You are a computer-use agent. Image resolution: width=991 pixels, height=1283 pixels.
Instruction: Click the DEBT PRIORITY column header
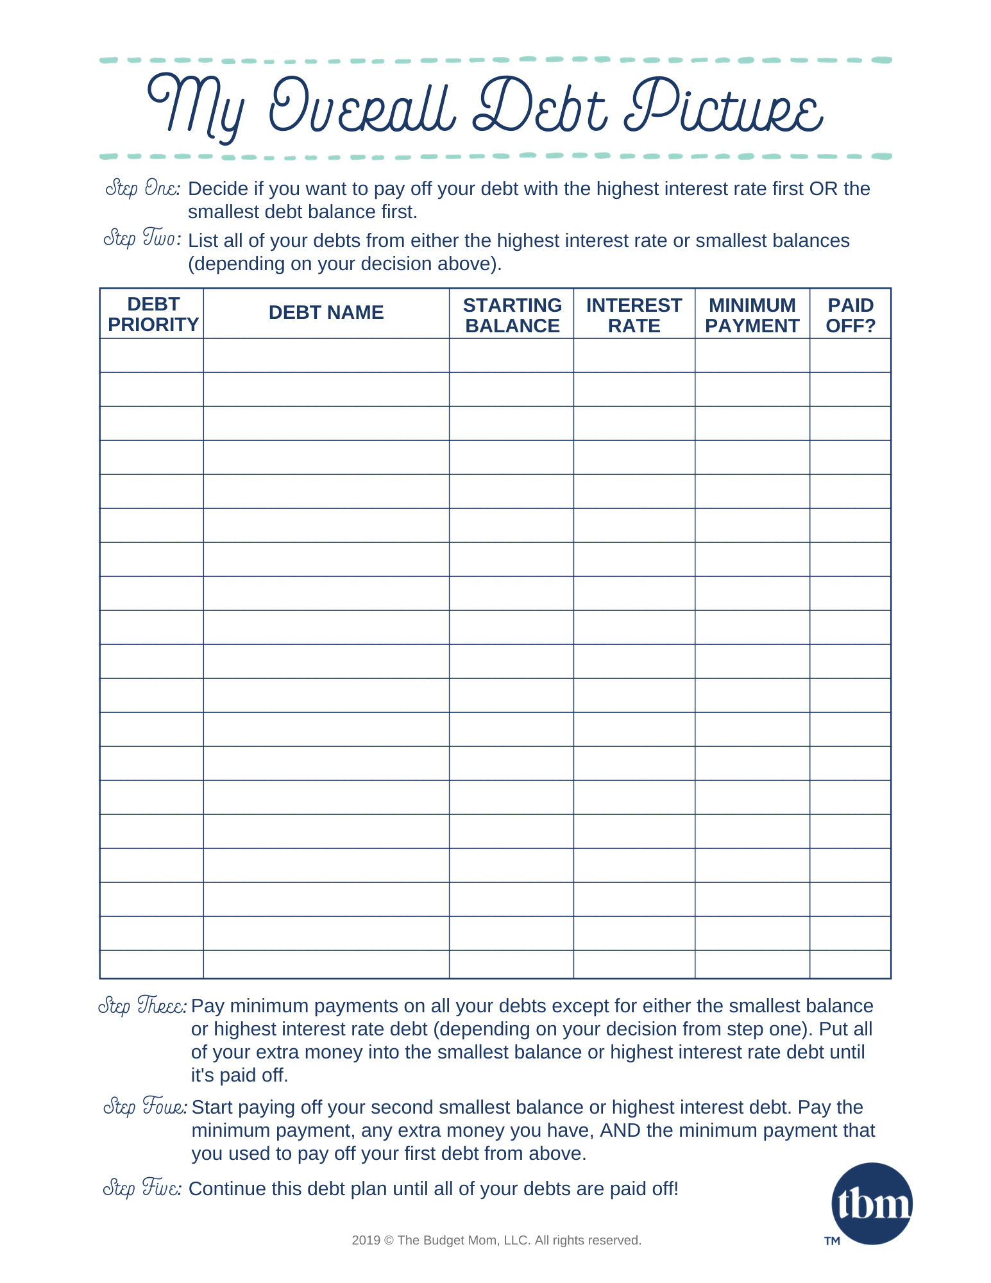click(x=153, y=314)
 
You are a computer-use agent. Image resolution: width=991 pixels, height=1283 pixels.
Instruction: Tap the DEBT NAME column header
click(x=326, y=312)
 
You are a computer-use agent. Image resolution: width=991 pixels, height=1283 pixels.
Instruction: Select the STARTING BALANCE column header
click(x=512, y=315)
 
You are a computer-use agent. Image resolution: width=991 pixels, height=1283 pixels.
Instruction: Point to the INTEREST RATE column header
click(x=634, y=315)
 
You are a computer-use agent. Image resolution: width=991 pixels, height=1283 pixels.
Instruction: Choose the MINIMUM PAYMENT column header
click(x=752, y=315)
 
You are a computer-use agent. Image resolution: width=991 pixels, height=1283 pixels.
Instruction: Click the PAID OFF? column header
click(x=851, y=315)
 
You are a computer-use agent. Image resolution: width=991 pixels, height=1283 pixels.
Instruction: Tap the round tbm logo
click(x=872, y=1203)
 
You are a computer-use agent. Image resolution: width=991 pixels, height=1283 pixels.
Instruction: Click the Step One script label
click(x=142, y=189)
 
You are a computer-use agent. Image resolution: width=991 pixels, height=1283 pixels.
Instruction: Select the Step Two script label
click(x=141, y=239)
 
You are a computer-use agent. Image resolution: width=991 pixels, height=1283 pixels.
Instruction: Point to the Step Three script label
click(x=142, y=1005)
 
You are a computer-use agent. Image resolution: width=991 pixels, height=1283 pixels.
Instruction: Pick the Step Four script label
click(x=145, y=1107)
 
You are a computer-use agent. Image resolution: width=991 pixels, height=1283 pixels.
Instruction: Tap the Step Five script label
click(x=142, y=1188)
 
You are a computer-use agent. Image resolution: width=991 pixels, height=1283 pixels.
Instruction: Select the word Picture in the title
click(x=725, y=106)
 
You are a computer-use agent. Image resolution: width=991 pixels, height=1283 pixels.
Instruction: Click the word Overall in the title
click(x=362, y=106)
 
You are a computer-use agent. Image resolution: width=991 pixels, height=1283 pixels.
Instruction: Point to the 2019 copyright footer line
click(x=496, y=1240)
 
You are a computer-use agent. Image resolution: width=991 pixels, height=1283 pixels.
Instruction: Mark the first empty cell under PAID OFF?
click(x=851, y=355)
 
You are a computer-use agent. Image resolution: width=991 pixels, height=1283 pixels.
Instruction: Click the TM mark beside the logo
click(x=832, y=1241)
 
